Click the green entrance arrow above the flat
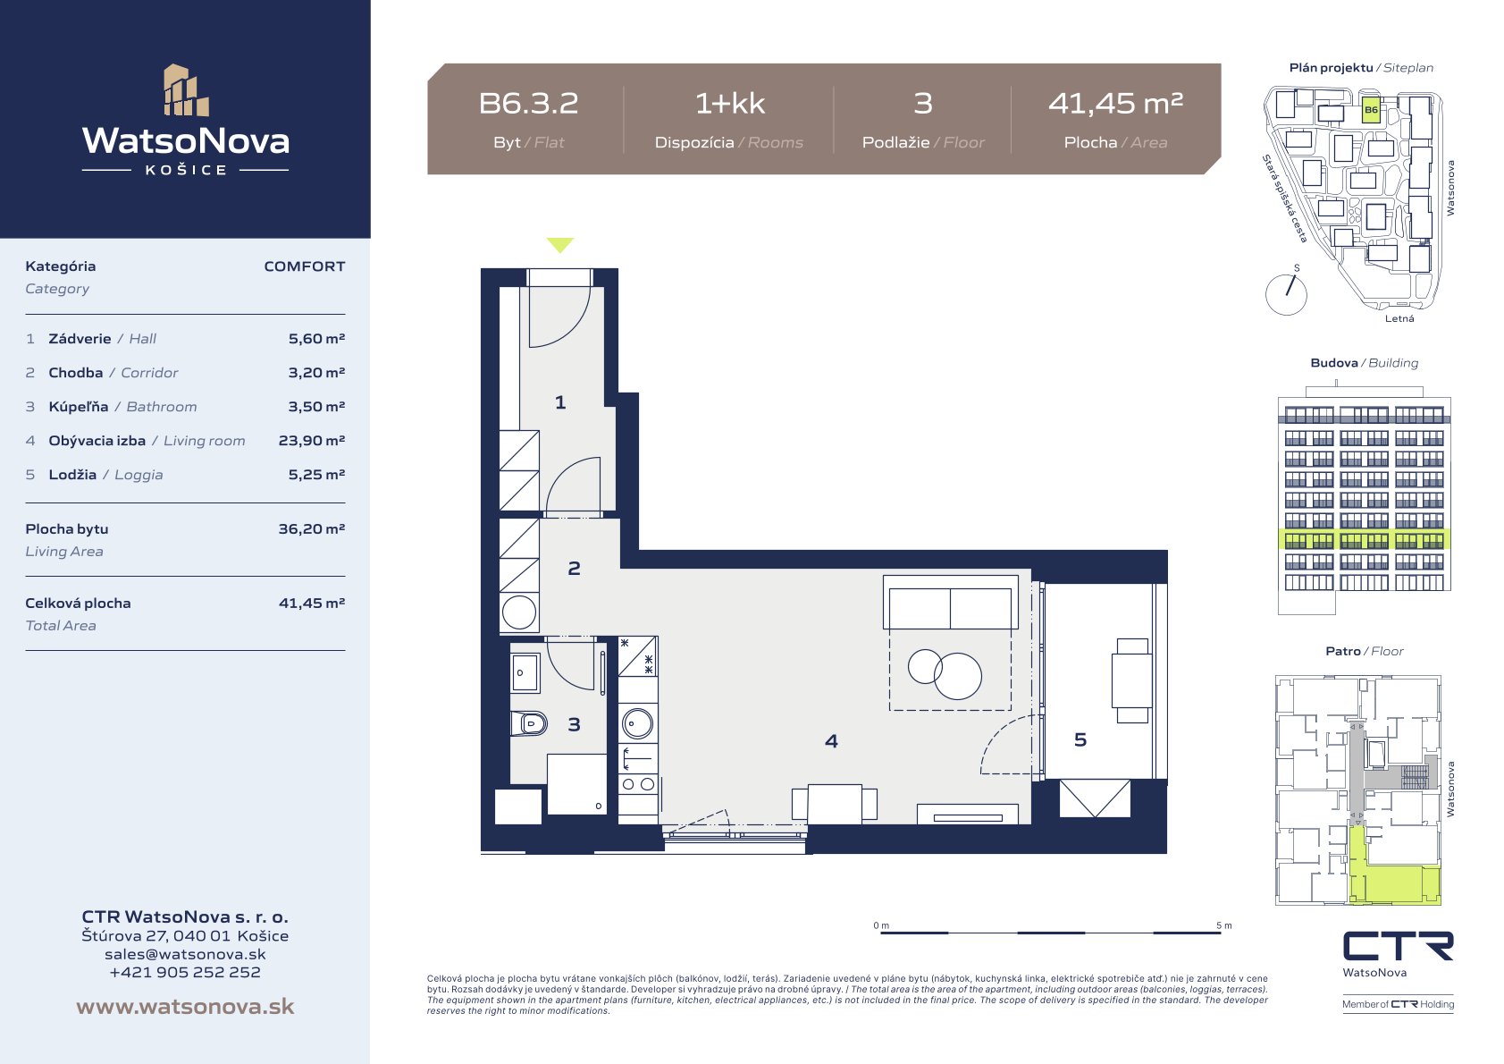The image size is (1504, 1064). pos(560,244)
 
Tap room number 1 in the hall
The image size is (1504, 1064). pos(560,402)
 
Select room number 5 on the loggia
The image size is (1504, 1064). pos(1080,739)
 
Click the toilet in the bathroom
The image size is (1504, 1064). pos(529,723)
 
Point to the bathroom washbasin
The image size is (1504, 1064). pos(525,672)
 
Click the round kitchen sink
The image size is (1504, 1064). pos(637,723)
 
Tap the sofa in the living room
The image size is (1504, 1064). pos(950,602)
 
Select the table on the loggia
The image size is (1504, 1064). pos(1132,680)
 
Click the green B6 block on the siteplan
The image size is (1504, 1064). pos(1371,109)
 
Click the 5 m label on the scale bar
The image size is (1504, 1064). pos(1224,925)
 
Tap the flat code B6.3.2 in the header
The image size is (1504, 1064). pos(528,104)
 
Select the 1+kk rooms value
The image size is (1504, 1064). pos(730,104)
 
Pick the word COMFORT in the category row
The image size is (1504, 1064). pos(305,266)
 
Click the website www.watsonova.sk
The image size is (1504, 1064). pos(185,1006)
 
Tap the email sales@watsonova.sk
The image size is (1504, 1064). pos(185,954)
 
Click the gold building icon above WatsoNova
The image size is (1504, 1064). pos(186,90)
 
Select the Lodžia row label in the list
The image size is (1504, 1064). pos(72,474)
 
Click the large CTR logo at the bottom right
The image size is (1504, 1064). pos(1398,947)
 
